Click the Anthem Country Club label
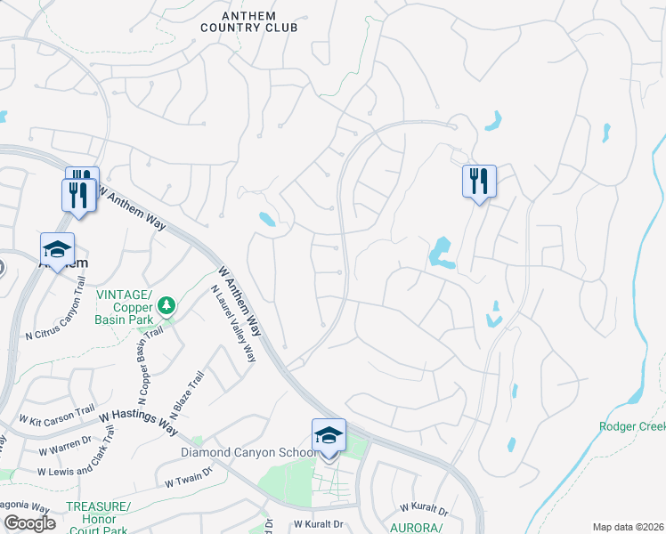point(248,20)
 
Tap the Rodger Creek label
point(630,426)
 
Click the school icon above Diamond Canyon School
point(328,436)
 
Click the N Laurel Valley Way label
point(233,323)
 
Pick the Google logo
point(28,523)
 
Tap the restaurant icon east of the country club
point(479,182)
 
